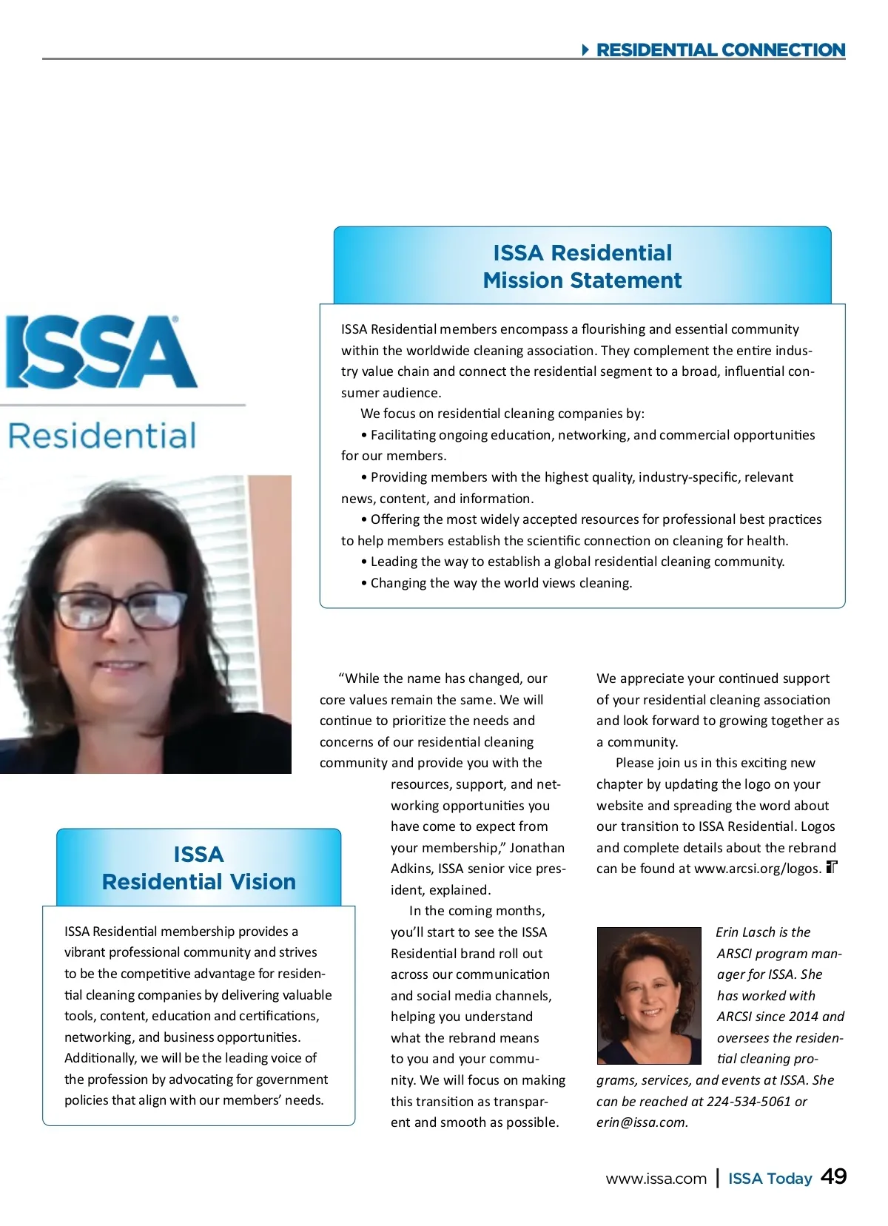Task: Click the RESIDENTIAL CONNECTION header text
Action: pyautogui.click(x=720, y=50)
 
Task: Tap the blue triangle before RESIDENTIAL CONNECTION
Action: pyautogui.click(x=585, y=50)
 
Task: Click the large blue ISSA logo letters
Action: pyautogui.click(x=101, y=352)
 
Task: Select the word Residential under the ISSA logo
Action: pyautogui.click(x=102, y=436)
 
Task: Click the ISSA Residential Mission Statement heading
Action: pyautogui.click(x=582, y=266)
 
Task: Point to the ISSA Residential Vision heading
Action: pyautogui.click(x=198, y=868)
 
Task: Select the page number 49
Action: pyautogui.click(x=834, y=1176)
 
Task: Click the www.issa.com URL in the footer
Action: pyautogui.click(x=656, y=1179)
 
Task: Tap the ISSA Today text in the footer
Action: pyautogui.click(x=770, y=1179)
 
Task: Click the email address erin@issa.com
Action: pyautogui.click(x=641, y=1122)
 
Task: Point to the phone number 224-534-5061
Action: pyautogui.click(x=749, y=1101)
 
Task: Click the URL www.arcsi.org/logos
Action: pyautogui.click(x=757, y=869)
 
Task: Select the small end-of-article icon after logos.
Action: pyautogui.click(x=832, y=867)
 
